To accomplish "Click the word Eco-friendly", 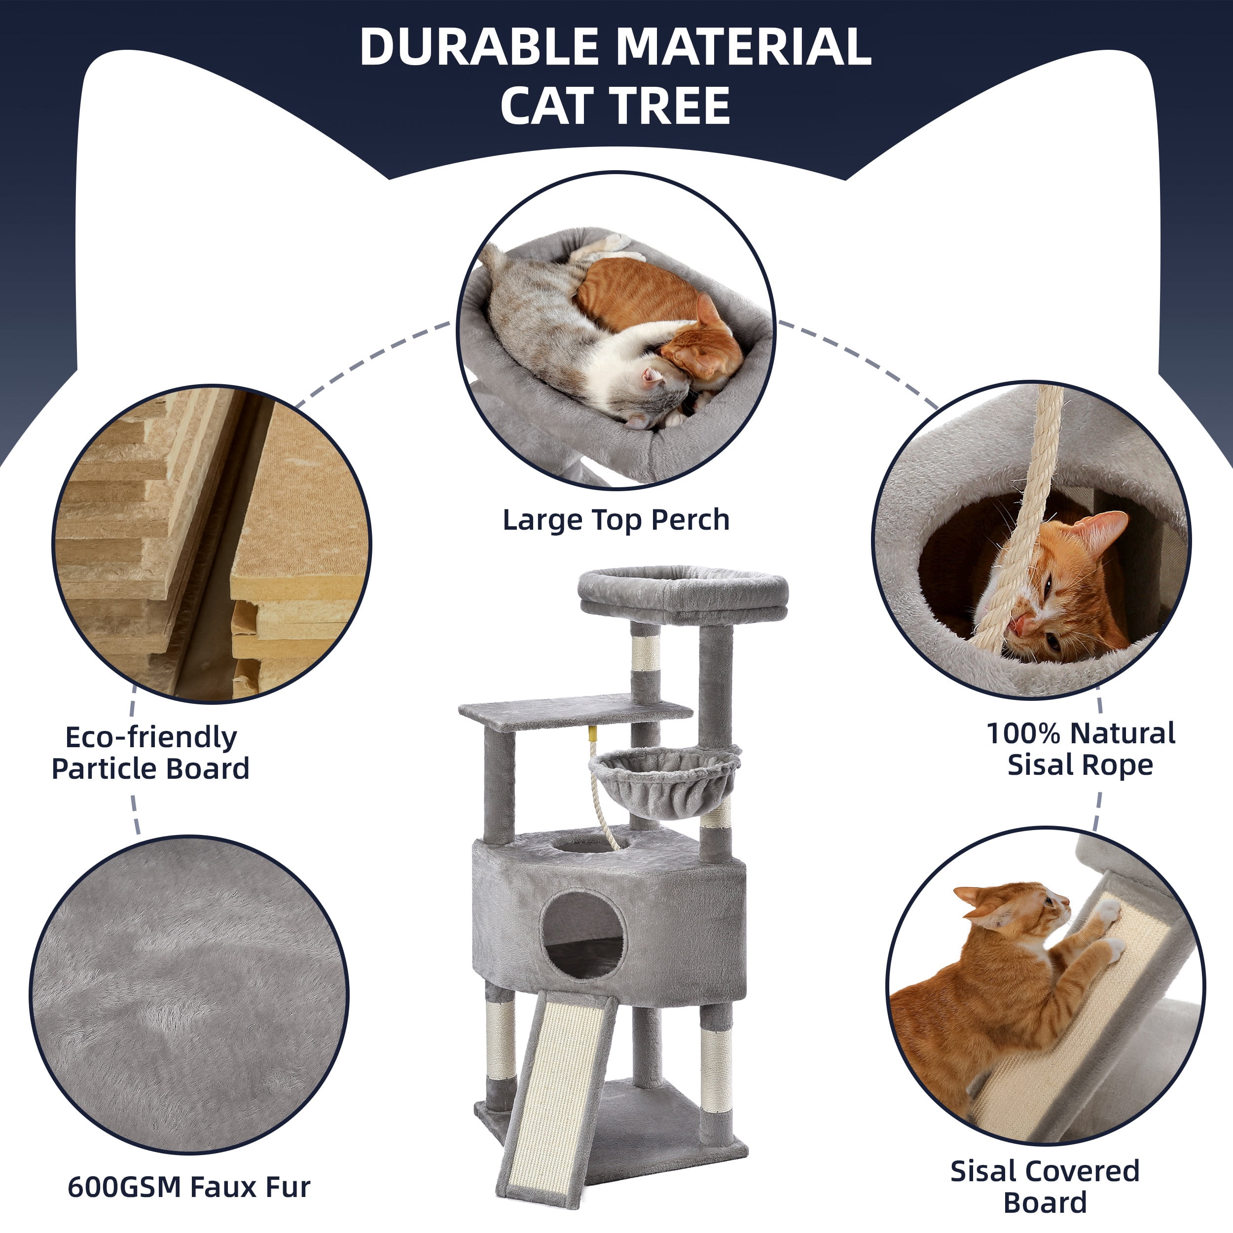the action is (x=151, y=737).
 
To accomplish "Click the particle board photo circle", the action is (x=211, y=544).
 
